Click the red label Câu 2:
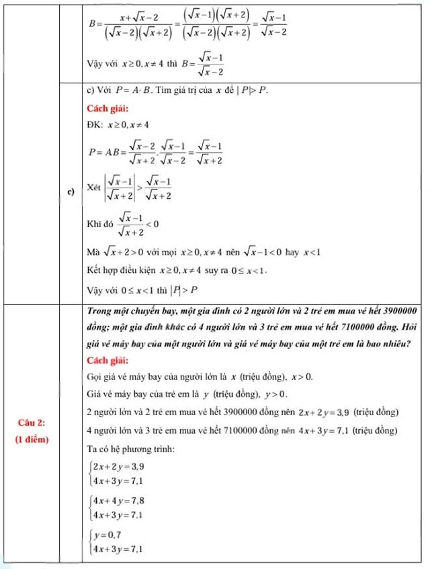32,422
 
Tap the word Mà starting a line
93,253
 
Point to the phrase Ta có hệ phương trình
130,448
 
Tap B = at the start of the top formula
95,22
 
